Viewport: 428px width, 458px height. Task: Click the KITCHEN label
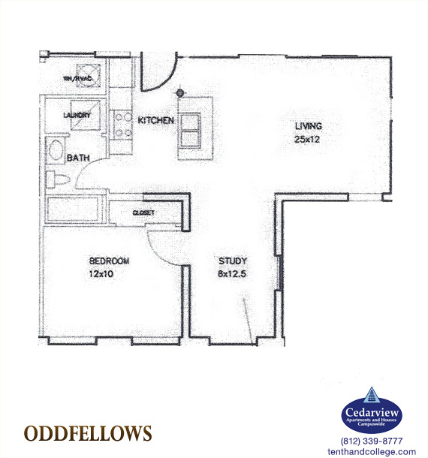pos(155,120)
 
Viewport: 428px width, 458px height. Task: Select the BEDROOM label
pos(109,261)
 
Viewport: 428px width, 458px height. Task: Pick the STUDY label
pos(232,261)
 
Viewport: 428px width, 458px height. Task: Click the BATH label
pos(79,158)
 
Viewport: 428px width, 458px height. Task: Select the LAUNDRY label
pos(77,116)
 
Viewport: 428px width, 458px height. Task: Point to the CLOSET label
pos(143,213)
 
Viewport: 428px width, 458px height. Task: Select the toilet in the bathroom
pos(58,179)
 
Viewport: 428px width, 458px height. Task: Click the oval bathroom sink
pos(56,150)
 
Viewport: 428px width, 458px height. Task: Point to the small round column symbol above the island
pos(180,93)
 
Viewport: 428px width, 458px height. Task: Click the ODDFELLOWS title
pos(88,434)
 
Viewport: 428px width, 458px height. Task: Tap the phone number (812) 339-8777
pos(372,441)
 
